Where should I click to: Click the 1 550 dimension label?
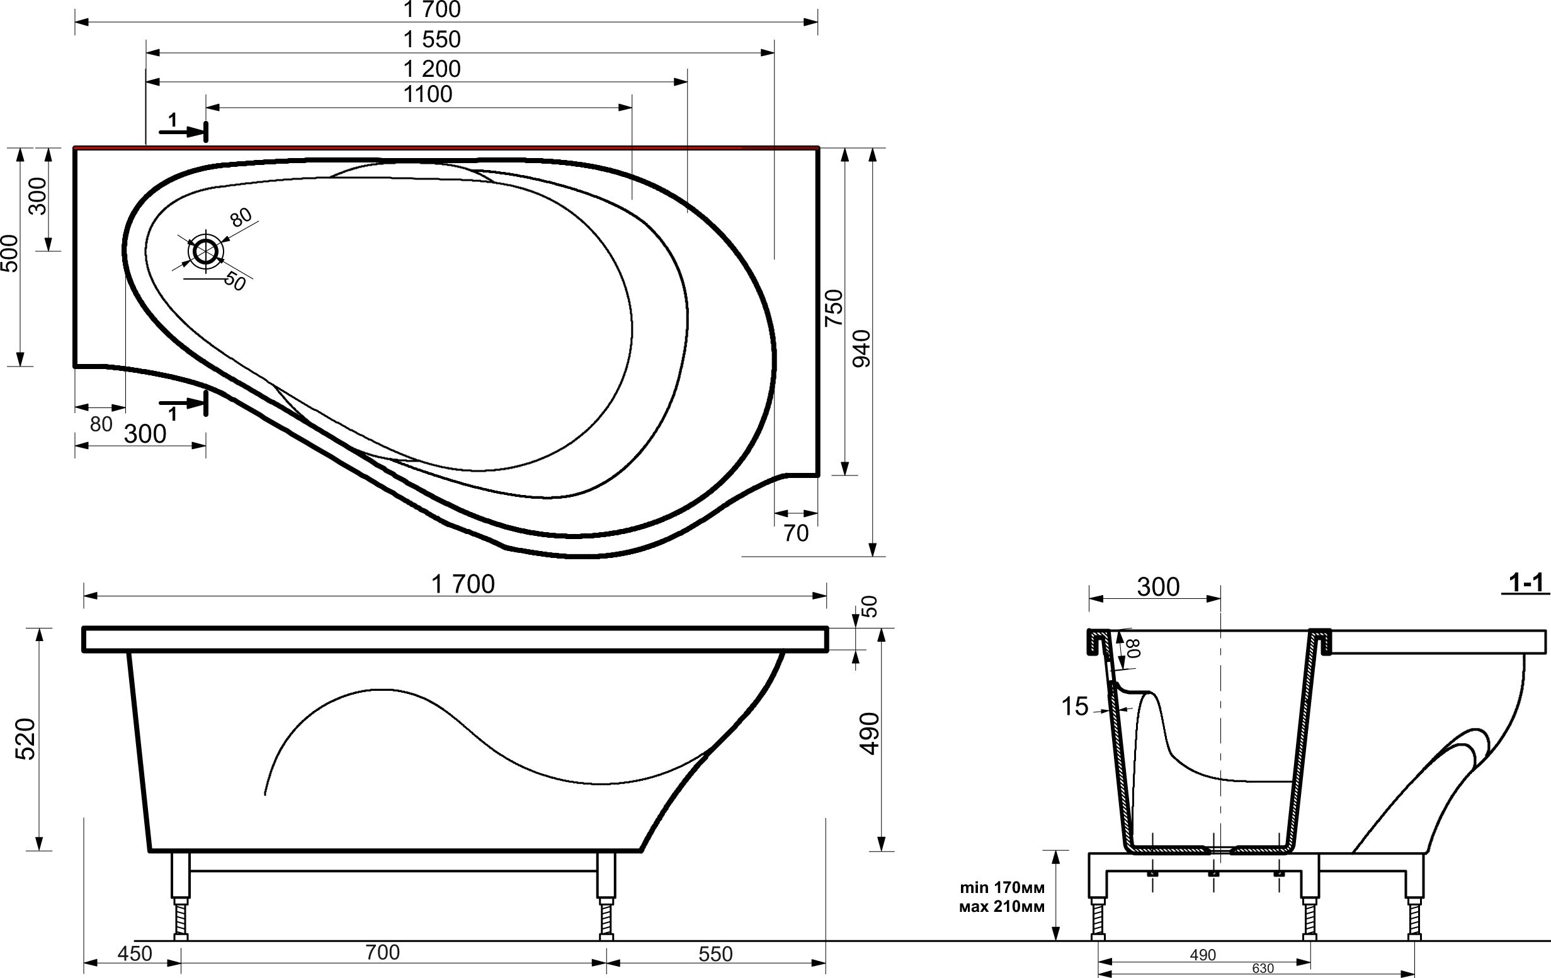point(431,40)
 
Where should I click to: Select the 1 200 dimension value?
point(431,69)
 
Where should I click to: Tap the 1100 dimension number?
point(428,94)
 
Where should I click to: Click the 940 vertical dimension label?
point(861,348)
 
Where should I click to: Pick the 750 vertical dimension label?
point(834,308)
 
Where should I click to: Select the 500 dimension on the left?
point(9,253)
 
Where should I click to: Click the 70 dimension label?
point(796,533)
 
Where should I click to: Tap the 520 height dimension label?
point(25,739)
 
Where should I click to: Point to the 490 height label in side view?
point(870,734)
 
